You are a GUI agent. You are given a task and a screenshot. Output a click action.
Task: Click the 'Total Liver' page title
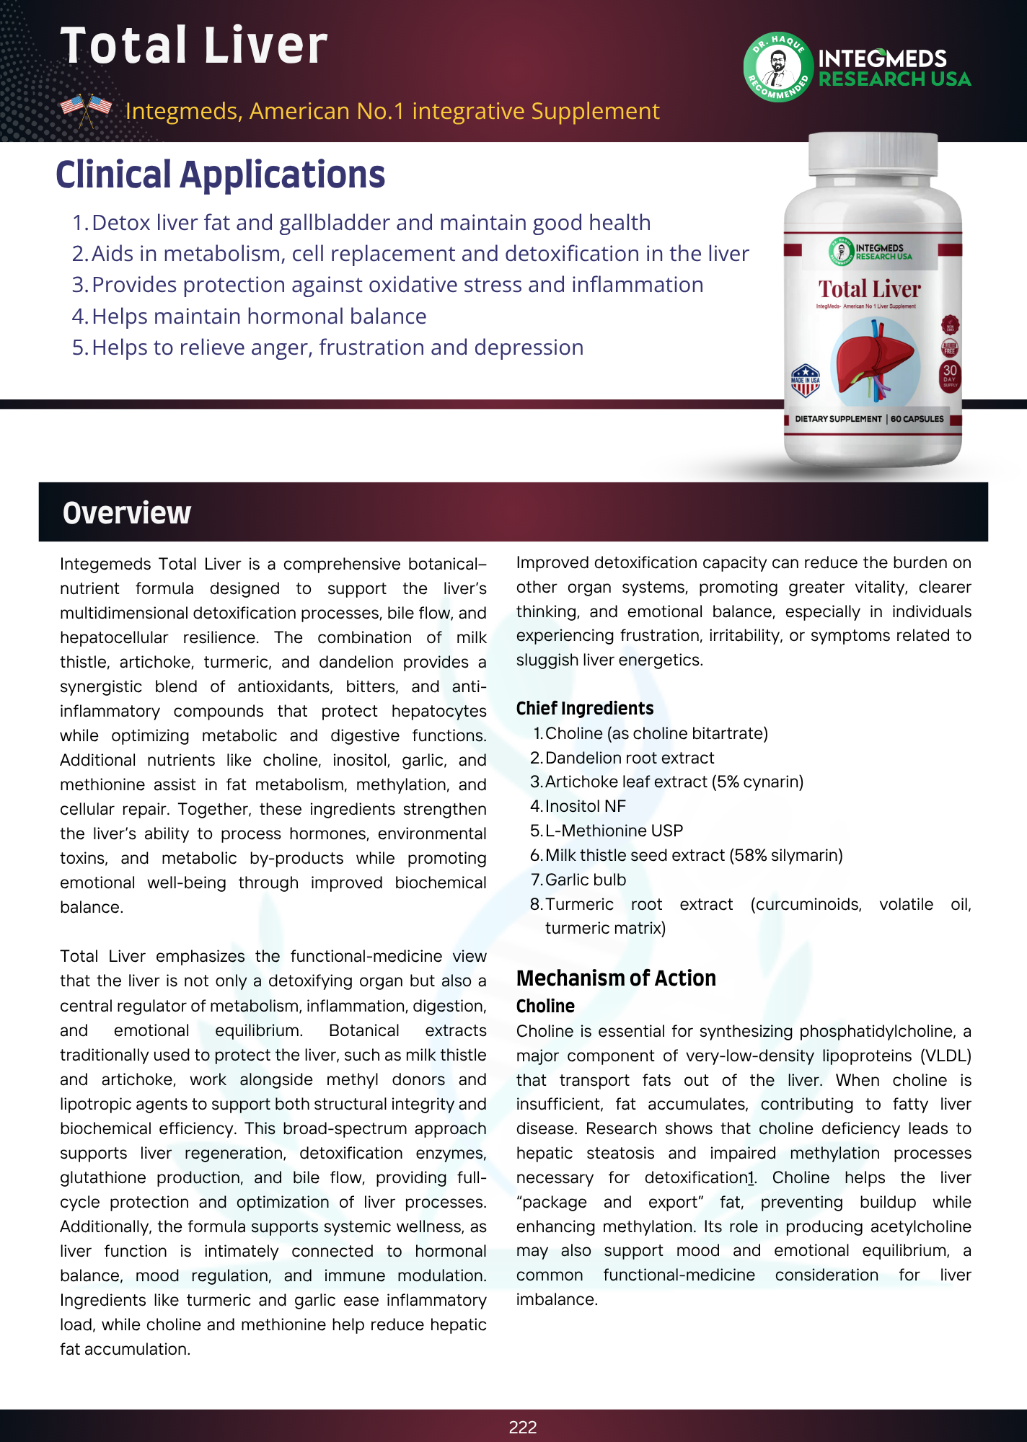(x=193, y=45)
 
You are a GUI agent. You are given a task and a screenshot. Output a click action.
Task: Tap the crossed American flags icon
(x=86, y=110)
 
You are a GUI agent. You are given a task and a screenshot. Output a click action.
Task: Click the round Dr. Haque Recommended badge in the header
(x=777, y=67)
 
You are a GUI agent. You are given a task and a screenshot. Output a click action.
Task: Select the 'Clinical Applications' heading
(x=220, y=175)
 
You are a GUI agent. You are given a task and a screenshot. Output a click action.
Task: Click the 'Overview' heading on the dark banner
(x=127, y=513)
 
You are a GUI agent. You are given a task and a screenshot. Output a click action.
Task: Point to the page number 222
(x=522, y=1427)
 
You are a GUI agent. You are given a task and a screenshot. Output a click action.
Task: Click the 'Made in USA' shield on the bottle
(x=805, y=381)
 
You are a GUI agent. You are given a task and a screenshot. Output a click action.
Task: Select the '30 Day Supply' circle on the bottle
(x=949, y=373)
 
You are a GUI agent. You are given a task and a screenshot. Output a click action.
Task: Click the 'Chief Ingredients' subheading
(x=585, y=708)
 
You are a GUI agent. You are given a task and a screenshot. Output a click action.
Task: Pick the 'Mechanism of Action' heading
(x=616, y=978)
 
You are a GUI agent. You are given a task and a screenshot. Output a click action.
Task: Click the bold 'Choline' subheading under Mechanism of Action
(x=545, y=1006)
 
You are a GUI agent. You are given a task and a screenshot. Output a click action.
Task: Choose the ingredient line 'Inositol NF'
(x=585, y=806)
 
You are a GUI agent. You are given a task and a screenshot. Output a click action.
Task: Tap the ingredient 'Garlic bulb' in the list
(x=585, y=880)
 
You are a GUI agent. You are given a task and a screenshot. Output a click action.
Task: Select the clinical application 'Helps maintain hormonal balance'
(x=259, y=316)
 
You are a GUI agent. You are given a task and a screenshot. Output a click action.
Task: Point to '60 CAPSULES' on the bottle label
(x=917, y=419)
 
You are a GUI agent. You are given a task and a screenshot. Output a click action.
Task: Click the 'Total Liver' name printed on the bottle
(x=869, y=289)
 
